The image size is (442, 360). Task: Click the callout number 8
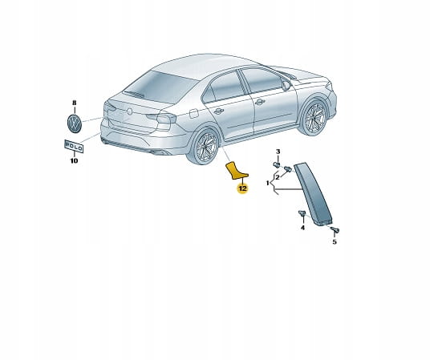pos(74,103)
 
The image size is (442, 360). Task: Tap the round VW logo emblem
pos(75,123)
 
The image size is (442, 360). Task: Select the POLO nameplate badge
pos(74,147)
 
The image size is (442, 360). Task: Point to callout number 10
pos(74,161)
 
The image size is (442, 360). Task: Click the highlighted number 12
pos(242,188)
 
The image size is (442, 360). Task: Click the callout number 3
pos(278,152)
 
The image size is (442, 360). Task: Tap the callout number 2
pos(278,177)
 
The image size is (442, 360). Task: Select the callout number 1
pos(267,184)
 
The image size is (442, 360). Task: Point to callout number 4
pos(302,228)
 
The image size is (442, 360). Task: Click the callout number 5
pos(335,241)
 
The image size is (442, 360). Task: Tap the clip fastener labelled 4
pos(302,213)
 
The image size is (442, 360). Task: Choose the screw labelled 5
pos(335,229)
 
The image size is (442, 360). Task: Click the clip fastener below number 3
pos(277,164)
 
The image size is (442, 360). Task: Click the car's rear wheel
pos(204,146)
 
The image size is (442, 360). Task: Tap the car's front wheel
pos(314,116)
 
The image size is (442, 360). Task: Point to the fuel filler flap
pos(194,113)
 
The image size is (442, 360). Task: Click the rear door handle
pos(218,111)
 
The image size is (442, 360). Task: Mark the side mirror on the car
pos(286,86)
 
